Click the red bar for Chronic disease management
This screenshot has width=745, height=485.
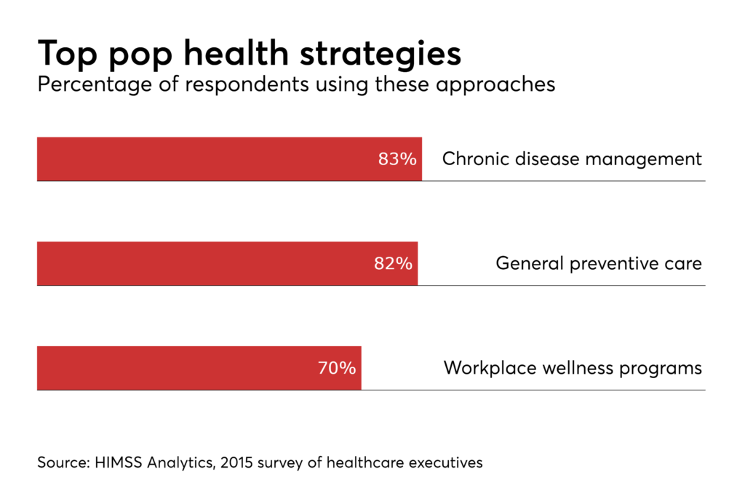coord(204,159)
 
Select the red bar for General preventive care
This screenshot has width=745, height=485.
coord(204,263)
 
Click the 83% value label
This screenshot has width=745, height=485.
coord(397,159)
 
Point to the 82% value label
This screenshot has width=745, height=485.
coord(393,263)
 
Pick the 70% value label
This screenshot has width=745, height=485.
coord(337,368)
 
